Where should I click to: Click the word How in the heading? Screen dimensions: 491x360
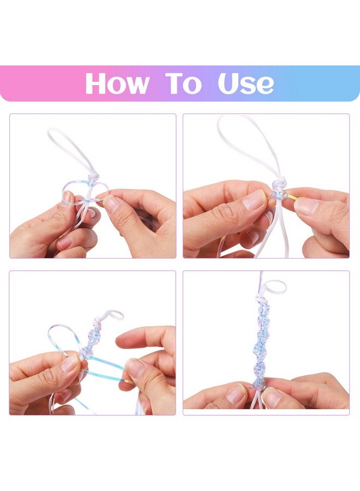coord(117,83)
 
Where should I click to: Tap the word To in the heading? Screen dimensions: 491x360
coord(183,83)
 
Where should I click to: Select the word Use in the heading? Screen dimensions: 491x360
coord(245,83)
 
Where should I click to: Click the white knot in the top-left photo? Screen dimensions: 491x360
coord(94,177)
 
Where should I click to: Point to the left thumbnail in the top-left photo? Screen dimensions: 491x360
coord(69,198)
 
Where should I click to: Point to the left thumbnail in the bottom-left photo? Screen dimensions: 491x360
coord(70,363)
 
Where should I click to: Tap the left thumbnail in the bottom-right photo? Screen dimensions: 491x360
coord(237,393)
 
